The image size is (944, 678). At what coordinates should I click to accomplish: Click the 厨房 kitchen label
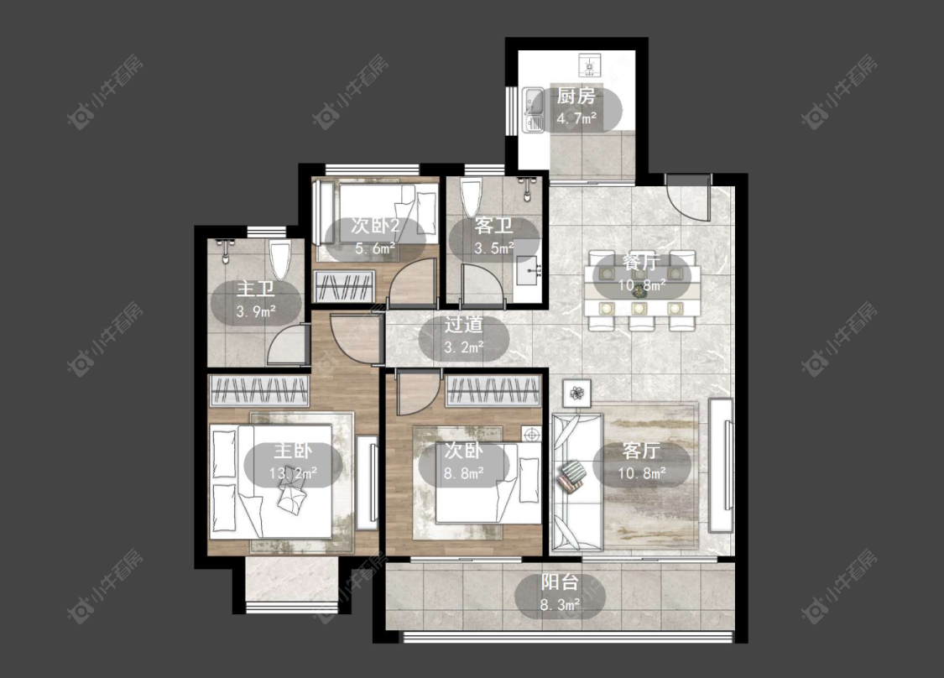(576, 96)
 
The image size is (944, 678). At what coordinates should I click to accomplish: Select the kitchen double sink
(532, 110)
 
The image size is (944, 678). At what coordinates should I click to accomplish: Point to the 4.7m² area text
(576, 118)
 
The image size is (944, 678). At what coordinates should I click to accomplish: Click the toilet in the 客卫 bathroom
(472, 196)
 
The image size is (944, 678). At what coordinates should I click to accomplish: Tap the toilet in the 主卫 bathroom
(280, 259)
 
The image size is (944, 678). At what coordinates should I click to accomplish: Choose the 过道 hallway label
(463, 325)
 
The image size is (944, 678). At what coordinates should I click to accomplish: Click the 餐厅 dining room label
(641, 263)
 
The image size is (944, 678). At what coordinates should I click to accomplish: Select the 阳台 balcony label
(560, 582)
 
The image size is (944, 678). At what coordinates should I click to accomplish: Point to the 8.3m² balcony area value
(560, 604)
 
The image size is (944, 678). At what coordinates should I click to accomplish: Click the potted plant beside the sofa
(576, 394)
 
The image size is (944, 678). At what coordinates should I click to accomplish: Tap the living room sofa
(576, 482)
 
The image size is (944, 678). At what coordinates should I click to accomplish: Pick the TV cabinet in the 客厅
(721, 466)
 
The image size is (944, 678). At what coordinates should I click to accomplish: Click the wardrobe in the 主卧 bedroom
(258, 390)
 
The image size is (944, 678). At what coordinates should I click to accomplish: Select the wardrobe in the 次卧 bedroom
(493, 391)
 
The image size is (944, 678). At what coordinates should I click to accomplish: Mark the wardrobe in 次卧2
(345, 287)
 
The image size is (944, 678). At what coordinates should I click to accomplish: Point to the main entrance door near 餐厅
(688, 200)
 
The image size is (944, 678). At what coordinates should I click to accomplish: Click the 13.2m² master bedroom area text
(293, 473)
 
